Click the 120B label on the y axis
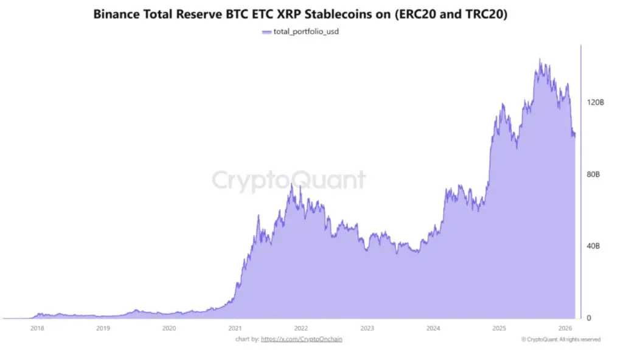pos(596,103)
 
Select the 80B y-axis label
pos(593,175)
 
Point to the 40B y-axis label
pos(593,246)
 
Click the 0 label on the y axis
pos(588,317)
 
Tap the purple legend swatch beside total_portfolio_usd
pos(265,31)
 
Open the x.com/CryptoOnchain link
pos(301,339)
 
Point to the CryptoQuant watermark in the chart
pos(288,181)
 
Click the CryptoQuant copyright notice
pos(561,339)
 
